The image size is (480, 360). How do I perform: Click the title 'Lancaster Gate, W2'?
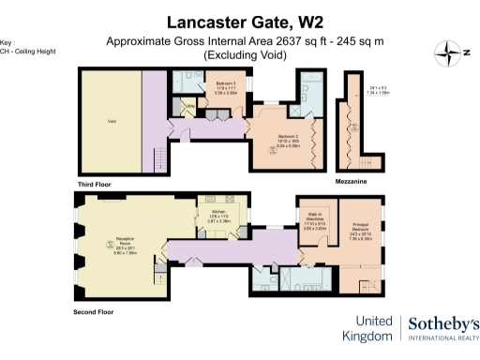[x=239, y=21]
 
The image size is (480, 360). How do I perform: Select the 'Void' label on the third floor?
[x=112, y=120]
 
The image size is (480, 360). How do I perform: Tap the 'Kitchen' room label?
[x=219, y=216]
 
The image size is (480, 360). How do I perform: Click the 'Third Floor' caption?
[x=97, y=185]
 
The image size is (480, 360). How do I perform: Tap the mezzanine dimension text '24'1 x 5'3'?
[x=378, y=88]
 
